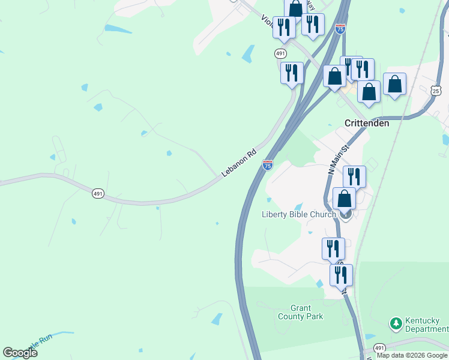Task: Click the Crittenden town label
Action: pos(367,123)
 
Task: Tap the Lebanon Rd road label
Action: pos(239,163)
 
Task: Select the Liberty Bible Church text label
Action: pos(299,215)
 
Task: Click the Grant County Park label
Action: pos(301,312)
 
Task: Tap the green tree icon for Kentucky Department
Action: pos(396,324)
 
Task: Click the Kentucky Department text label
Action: pos(426,325)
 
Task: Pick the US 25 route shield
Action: pos(436,91)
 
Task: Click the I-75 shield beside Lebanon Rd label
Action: pos(268,164)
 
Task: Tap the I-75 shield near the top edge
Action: pos(340,29)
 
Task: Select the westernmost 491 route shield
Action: pos(98,193)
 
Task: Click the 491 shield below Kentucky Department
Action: pos(379,348)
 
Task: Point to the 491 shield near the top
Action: pos(280,53)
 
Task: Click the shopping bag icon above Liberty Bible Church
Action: pos(345,198)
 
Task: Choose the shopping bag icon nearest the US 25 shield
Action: pos(394,83)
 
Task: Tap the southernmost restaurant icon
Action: pos(341,275)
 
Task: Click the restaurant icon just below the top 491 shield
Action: pos(292,73)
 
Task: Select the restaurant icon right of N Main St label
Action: pos(355,176)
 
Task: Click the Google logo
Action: pos(20,353)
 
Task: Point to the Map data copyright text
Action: pos(412,355)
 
